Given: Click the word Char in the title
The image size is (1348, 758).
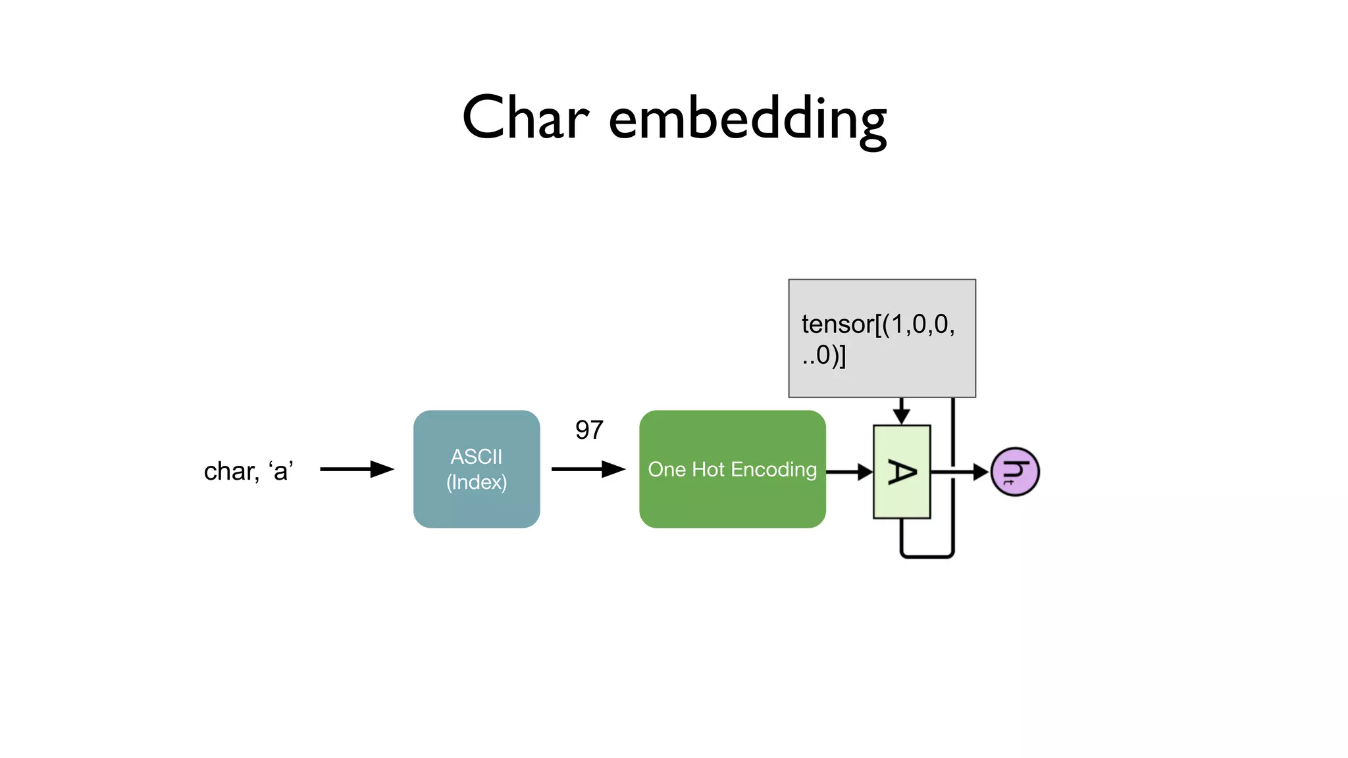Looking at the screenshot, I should pyautogui.click(x=525, y=118).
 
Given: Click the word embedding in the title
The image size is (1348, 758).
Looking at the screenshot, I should pyautogui.click(x=748, y=120).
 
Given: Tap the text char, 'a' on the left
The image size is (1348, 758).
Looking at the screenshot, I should pyautogui.click(x=248, y=471).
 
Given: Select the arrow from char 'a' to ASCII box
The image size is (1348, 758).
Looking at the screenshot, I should pyautogui.click(x=356, y=469).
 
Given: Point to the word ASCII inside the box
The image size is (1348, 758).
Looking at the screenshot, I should pyautogui.click(x=477, y=457).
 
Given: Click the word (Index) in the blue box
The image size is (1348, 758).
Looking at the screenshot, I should pyautogui.click(x=477, y=482).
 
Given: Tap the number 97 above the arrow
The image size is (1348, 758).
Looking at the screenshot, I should pyautogui.click(x=589, y=430).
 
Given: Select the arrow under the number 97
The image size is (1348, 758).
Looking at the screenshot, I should pyautogui.click(x=588, y=469).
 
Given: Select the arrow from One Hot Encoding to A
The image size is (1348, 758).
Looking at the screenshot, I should pyautogui.click(x=849, y=472).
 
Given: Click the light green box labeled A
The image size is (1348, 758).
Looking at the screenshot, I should pyautogui.click(x=901, y=472).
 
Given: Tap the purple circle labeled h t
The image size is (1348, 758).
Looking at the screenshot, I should pyautogui.click(x=1015, y=472).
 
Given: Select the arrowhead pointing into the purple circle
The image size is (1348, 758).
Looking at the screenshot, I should pyautogui.click(x=981, y=472).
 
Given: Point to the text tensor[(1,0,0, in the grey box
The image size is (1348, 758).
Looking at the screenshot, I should pyautogui.click(x=878, y=324).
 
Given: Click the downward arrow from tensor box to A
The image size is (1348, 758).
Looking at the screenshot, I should pyautogui.click(x=901, y=412).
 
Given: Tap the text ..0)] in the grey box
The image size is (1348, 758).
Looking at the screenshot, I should pyautogui.click(x=824, y=355).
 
